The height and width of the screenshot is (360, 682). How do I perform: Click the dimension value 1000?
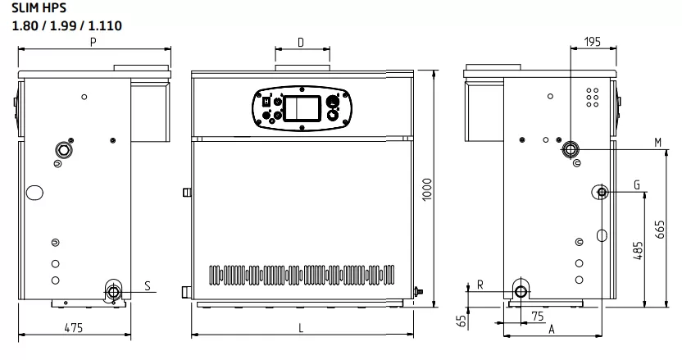(427, 189)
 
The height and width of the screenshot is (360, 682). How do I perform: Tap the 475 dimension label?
(74, 328)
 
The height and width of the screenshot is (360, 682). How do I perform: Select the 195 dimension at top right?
(593, 42)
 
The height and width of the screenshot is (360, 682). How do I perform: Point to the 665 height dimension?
(660, 230)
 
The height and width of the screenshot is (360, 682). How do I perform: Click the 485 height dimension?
(638, 251)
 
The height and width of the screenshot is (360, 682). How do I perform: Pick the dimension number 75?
(538, 317)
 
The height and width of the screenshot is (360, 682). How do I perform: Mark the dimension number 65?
(461, 321)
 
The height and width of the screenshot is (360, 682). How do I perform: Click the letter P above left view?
(93, 42)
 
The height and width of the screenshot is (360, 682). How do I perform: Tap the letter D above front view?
(301, 42)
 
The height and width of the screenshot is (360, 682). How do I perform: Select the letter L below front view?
(301, 328)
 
